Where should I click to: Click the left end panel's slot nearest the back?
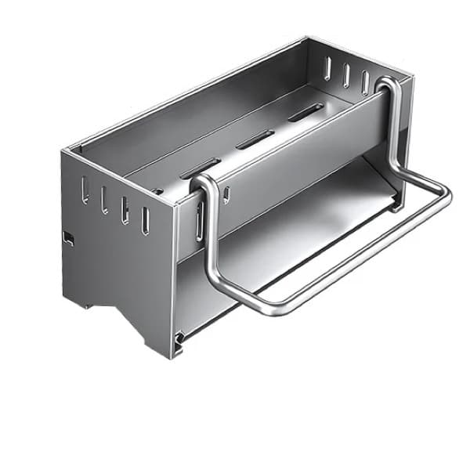coord(85,190)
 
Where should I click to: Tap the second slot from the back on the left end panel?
coord(103,199)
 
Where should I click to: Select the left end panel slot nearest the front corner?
coord(145,220)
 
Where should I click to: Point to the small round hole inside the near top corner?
coord(159,190)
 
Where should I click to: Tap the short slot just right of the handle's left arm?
coord(226,193)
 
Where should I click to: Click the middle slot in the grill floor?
coord(255,139)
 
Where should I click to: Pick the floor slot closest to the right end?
coord(305,112)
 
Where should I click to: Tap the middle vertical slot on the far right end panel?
coord(346,75)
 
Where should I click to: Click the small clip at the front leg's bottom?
coord(179,338)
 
